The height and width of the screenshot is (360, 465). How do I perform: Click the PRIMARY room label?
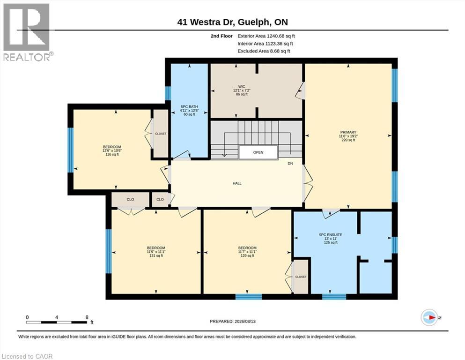point(348,132)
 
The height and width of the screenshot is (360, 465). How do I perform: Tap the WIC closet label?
point(242,86)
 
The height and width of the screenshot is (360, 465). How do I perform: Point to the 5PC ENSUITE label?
point(330,235)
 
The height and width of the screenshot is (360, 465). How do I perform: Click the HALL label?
point(237,183)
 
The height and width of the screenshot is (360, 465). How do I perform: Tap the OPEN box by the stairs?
point(258,152)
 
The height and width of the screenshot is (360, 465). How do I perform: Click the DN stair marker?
point(290,164)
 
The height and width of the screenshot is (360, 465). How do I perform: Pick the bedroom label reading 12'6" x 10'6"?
point(112,150)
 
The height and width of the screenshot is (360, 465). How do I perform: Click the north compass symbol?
point(429,317)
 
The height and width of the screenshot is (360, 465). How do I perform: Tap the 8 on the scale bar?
point(87,317)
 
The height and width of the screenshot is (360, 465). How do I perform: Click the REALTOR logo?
point(27,32)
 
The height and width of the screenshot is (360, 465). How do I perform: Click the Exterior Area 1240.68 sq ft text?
point(266,36)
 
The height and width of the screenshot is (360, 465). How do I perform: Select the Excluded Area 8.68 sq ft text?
point(264,51)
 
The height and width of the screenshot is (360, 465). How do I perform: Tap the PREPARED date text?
point(232,321)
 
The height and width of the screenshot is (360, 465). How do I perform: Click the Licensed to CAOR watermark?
point(27,356)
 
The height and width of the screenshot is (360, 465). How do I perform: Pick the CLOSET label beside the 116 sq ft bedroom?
point(161,134)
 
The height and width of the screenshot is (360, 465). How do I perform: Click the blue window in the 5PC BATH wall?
point(168,93)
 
